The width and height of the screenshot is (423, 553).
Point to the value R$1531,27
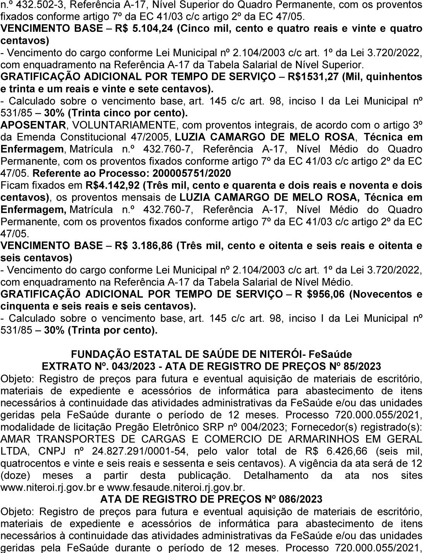tap(313, 77)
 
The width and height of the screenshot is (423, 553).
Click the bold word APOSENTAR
tap(33, 125)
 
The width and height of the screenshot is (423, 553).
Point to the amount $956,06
tap(325, 294)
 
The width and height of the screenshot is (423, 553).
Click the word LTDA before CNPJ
tap(14, 451)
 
